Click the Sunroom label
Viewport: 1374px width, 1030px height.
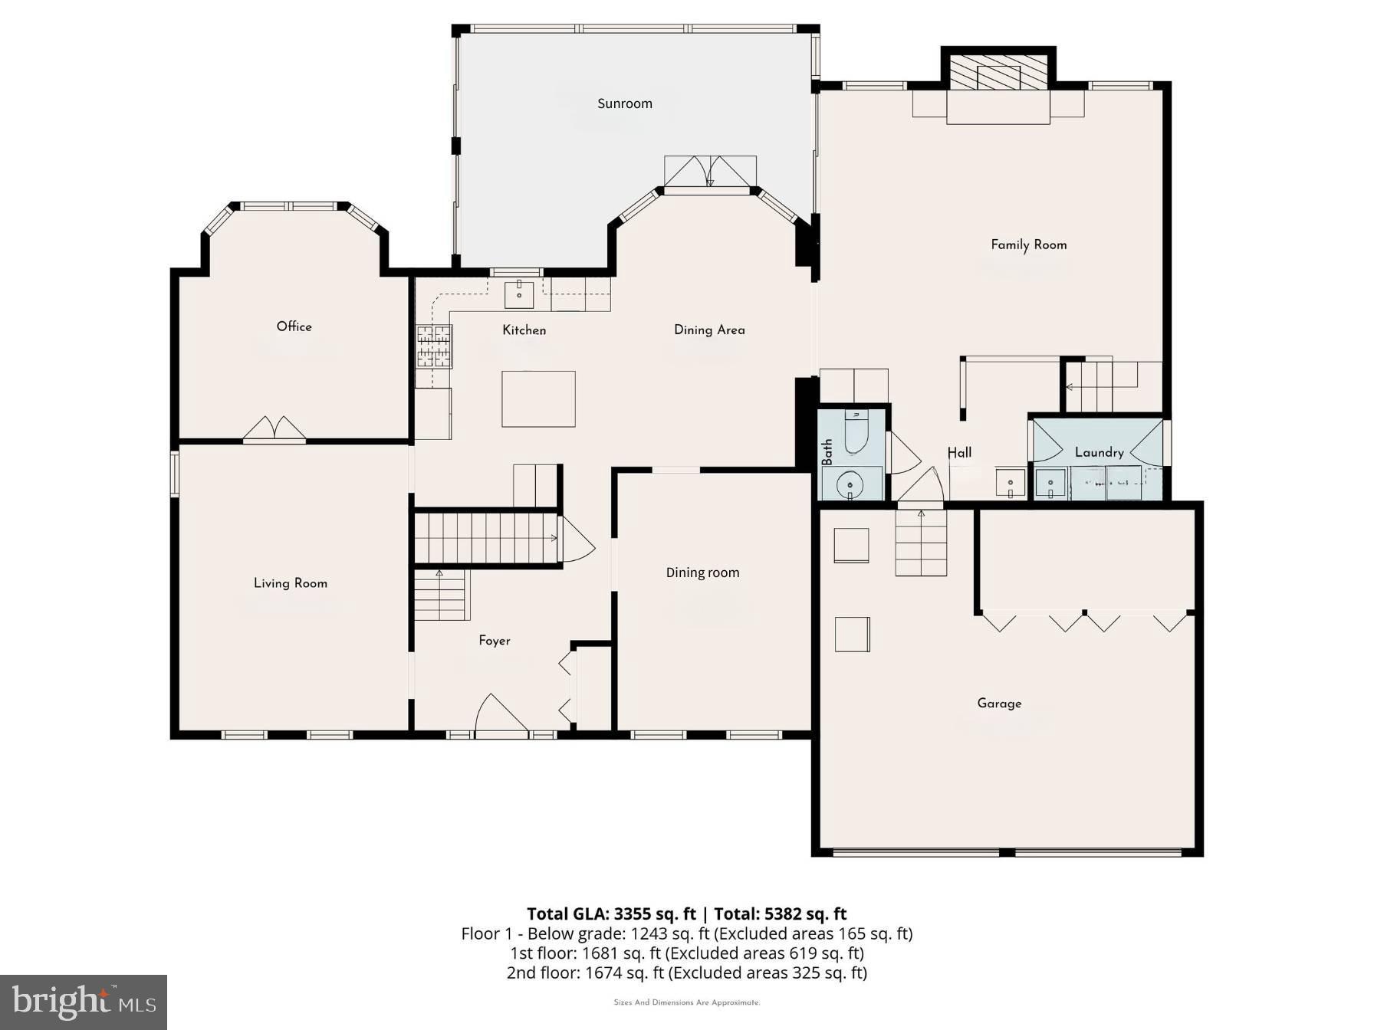(x=625, y=103)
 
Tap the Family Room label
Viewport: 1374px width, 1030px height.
(x=1028, y=244)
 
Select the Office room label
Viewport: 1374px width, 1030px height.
(x=294, y=326)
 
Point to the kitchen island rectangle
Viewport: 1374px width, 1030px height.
(x=538, y=399)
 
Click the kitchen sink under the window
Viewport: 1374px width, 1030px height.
(x=519, y=294)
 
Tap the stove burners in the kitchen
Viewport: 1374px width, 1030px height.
(x=434, y=346)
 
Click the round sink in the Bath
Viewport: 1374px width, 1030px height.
(x=850, y=484)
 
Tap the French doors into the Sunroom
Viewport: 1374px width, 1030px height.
(x=710, y=172)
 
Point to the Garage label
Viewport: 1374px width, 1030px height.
(x=999, y=703)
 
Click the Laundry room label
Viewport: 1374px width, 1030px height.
(x=1099, y=452)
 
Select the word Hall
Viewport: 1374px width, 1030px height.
(x=959, y=452)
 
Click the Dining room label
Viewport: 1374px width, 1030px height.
(x=702, y=572)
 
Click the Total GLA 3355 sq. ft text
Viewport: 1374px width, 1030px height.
(x=611, y=914)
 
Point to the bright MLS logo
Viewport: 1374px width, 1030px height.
(x=84, y=1002)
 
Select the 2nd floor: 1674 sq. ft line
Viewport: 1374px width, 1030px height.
(x=686, y=973)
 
